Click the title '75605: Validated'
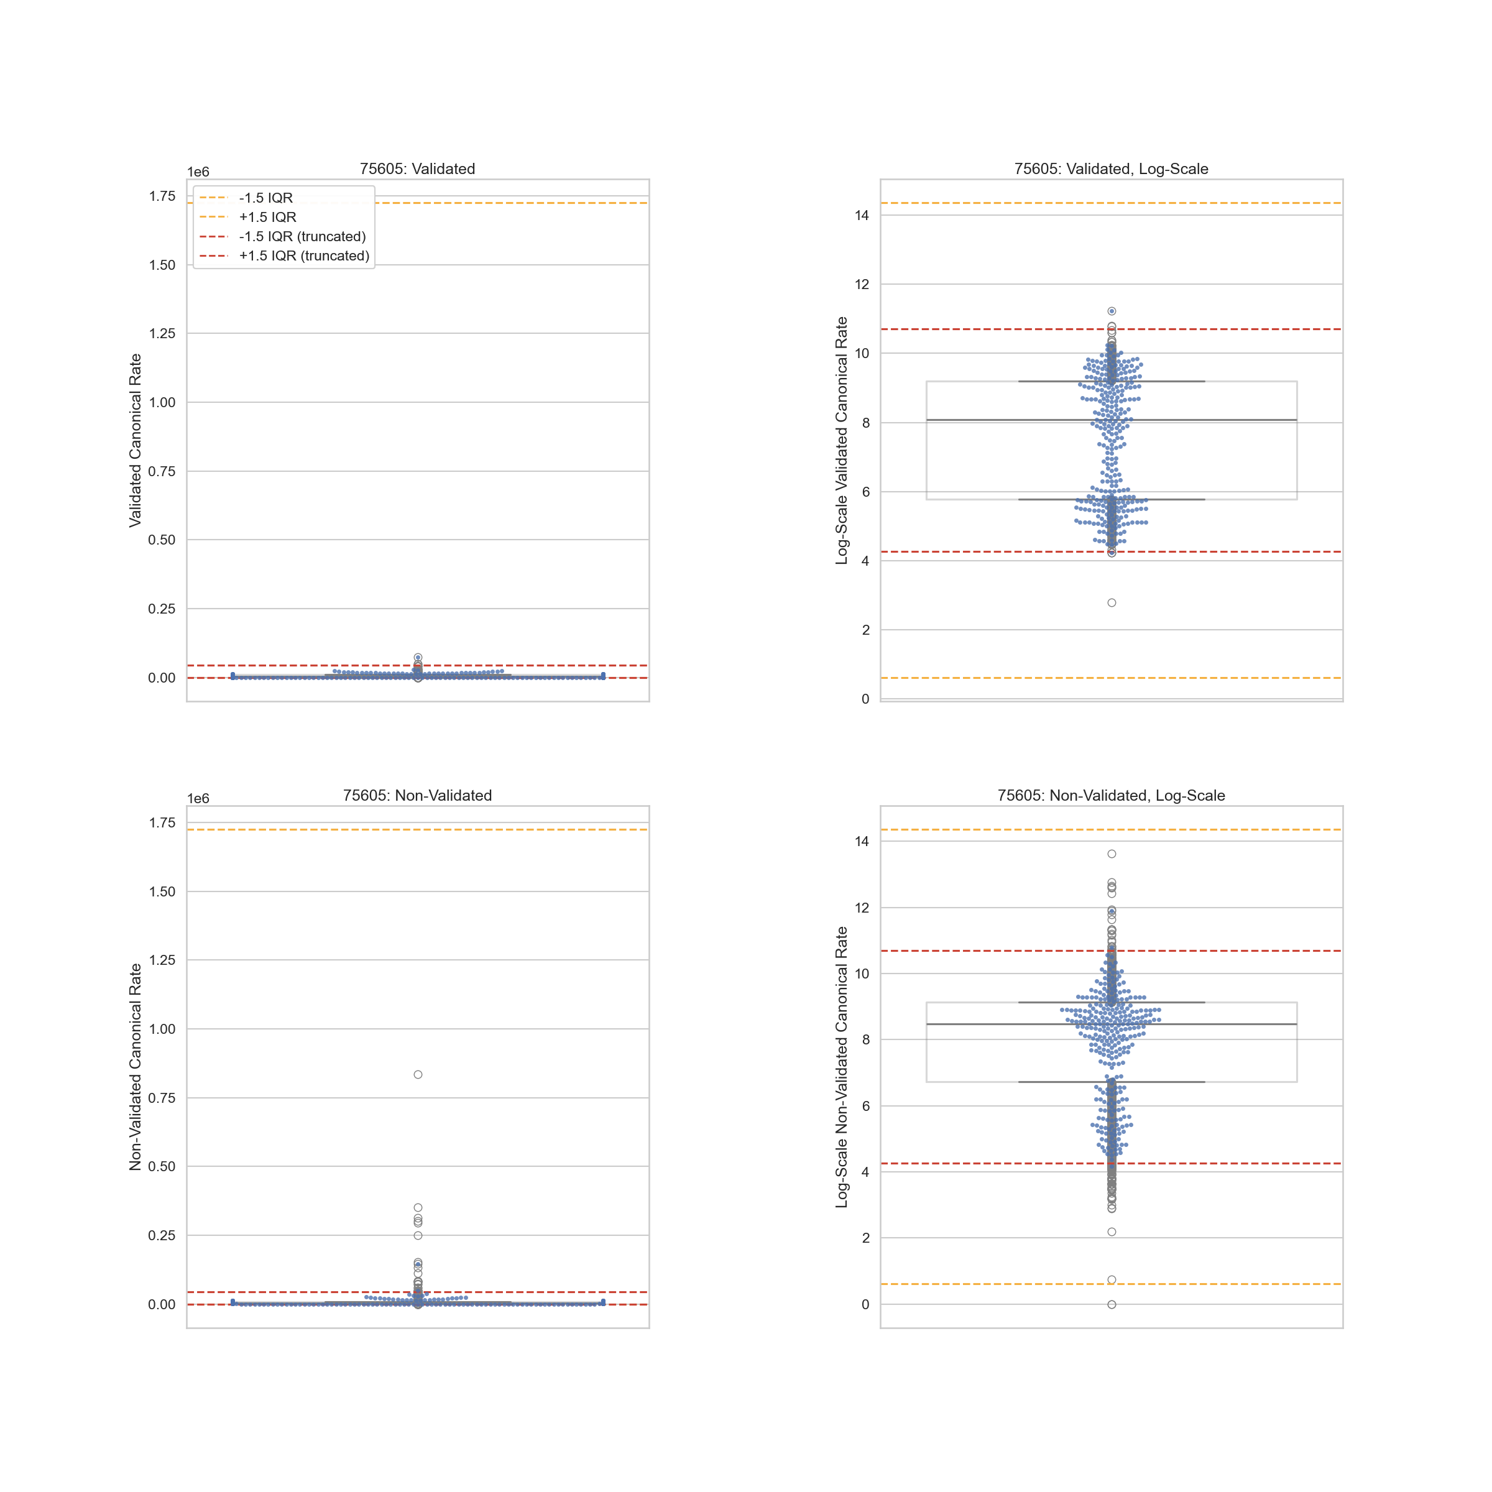417,169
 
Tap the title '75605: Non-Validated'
417,796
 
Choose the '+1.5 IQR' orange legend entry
267,217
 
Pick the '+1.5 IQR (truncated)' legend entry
303,256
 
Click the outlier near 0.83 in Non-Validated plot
418,1074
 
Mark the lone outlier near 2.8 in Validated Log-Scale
1112,602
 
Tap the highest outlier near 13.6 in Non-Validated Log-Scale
1112,854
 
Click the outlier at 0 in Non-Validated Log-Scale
1112,1304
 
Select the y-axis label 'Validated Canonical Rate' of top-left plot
136,440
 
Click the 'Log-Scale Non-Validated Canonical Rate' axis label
842,1067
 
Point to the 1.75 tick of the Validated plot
162,196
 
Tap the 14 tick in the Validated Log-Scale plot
862,216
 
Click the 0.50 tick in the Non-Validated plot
162,1166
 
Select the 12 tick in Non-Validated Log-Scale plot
862,908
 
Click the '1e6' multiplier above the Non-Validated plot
198,798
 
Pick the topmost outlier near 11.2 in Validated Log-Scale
1112,311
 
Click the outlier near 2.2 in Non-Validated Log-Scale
1112,1232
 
